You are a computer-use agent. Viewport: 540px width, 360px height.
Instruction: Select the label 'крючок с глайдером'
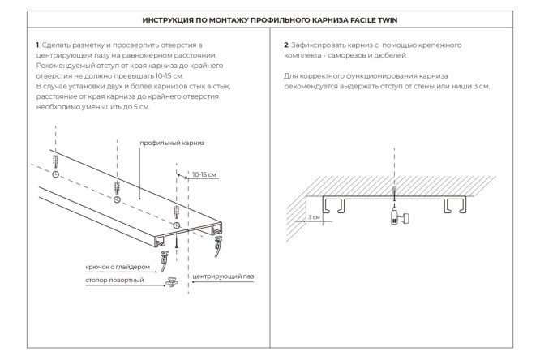tap(117, 267)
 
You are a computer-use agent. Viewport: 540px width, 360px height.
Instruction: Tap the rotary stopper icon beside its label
tap(172, 281)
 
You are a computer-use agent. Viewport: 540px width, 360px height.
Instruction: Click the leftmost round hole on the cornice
tap(55, 175)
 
